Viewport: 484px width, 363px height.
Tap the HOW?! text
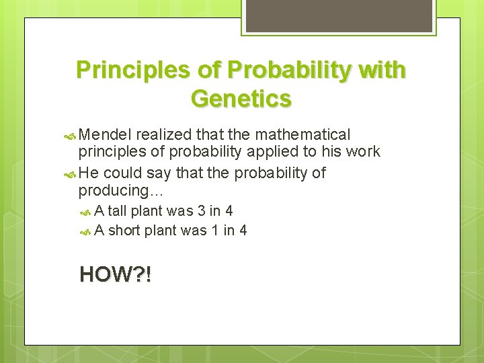[115, 274]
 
